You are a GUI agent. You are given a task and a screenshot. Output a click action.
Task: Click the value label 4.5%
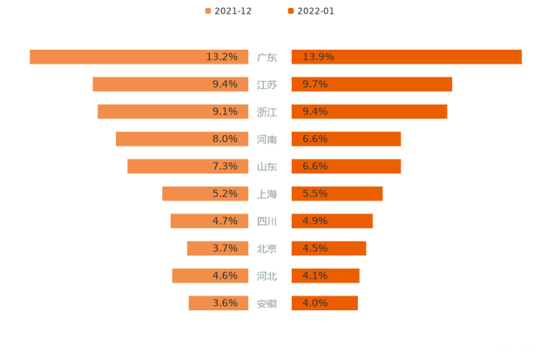click(314, 248)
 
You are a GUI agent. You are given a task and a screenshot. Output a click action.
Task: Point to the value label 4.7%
click(225, 221)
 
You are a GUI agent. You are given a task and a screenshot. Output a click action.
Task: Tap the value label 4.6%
click(225, 275)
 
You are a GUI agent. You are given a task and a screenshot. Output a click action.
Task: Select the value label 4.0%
click(314, 303)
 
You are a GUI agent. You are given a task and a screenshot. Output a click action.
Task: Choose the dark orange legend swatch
click(289, 10)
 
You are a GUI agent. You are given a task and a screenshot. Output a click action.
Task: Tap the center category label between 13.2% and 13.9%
click(267, 58)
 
